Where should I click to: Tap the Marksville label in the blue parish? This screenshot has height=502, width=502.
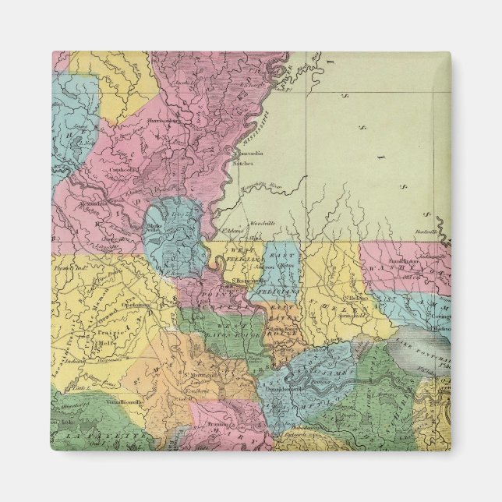click(x=154, y=227)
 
